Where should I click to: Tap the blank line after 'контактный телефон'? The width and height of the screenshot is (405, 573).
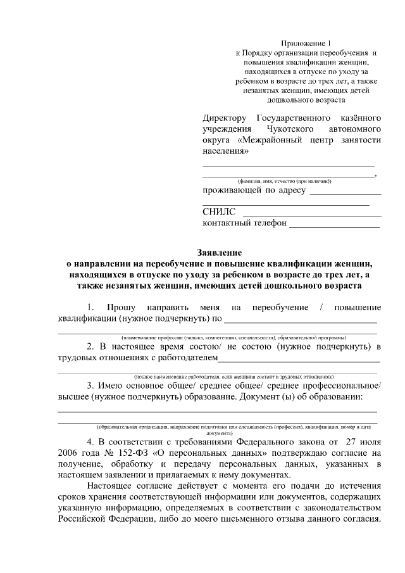[335, 226]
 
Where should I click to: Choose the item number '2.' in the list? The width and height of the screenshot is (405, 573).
[91, 346]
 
